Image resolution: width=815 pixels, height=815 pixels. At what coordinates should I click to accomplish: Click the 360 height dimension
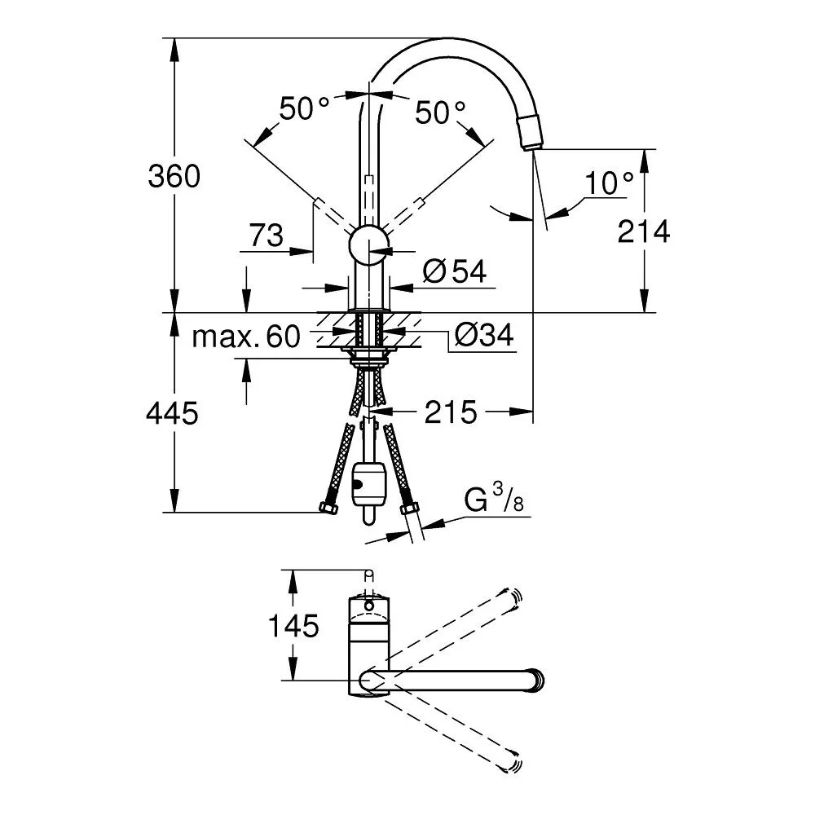pos(174,176)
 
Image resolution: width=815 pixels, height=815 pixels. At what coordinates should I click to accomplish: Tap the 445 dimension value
pos(172,414)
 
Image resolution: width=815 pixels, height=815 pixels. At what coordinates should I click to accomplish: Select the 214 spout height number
pos(644,231)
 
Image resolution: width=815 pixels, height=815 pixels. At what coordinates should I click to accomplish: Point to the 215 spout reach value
pos(451,412)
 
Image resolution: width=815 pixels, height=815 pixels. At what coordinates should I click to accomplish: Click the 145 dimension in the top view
pos(293,625)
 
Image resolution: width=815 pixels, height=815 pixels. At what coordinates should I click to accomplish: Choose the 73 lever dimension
pos(267,235)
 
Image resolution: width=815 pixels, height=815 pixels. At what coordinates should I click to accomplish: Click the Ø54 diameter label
pos(454,271)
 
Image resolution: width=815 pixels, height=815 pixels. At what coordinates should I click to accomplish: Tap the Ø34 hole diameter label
pos(484,335)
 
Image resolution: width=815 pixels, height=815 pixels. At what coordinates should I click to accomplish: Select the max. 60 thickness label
pos(246,337)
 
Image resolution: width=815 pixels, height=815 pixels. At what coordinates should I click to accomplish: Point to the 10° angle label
pos(609,183)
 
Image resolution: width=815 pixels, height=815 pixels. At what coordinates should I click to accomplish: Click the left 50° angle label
pos(304,108)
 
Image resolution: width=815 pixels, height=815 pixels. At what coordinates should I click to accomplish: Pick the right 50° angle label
pos(440,112)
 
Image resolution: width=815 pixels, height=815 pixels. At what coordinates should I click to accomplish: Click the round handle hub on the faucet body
pos(369,244)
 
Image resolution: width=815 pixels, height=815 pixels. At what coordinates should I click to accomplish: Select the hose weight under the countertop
pos(368,485)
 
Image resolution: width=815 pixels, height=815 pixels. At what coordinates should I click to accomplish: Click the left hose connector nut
pos(328,507)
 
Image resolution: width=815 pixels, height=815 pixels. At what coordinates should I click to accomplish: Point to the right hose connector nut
pos(409,507)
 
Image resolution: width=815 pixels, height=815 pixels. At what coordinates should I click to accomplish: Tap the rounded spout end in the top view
pos(537,681)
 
